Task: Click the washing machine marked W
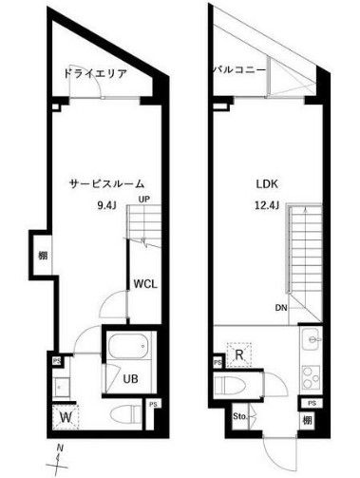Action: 65,414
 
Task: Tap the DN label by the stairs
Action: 281,308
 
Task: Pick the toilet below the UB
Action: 120,414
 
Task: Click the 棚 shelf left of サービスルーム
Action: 44,254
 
